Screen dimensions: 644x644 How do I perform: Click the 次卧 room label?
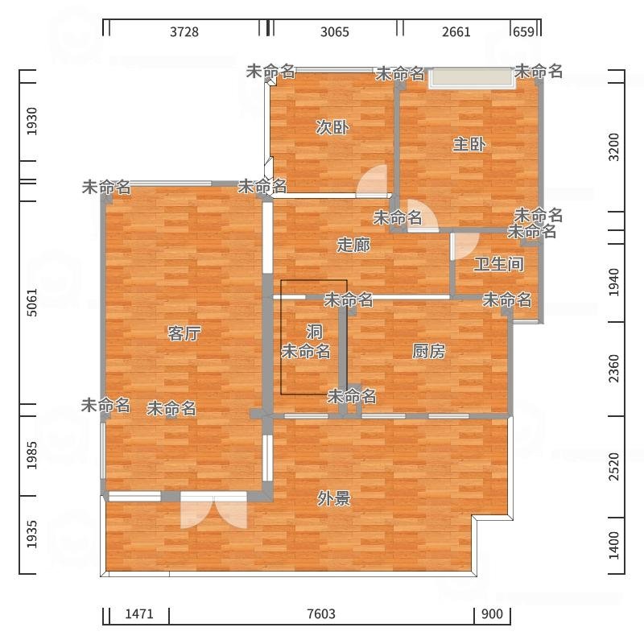(332, 127)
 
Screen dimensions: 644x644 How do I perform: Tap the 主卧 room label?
(469, 144)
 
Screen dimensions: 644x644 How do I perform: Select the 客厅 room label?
(184, 333)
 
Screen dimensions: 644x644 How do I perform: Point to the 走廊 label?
(353, 245)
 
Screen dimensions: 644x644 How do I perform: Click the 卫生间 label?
(499, 264)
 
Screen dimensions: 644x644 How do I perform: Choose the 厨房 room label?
(428, 351)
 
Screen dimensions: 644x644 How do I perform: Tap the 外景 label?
(333, 498)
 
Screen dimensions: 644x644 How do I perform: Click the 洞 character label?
(314, 331)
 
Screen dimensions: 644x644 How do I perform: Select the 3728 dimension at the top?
(184, 31)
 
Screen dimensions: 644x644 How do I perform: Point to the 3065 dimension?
(335, 31)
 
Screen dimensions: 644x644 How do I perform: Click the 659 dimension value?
(524, 31)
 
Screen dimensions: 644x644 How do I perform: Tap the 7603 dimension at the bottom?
(321, 614)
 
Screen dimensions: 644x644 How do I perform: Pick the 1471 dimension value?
(139, 614)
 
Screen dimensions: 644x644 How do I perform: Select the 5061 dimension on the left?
(31, 303)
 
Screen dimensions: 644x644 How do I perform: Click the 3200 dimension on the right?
(613, 147)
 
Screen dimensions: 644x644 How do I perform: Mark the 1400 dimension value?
(613, 545)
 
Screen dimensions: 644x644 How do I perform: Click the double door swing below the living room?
(213, 511)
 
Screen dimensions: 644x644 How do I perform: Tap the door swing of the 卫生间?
(464, 246)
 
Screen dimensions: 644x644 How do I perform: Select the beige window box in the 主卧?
(471, 78)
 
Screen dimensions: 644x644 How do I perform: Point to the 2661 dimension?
(456, 31)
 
